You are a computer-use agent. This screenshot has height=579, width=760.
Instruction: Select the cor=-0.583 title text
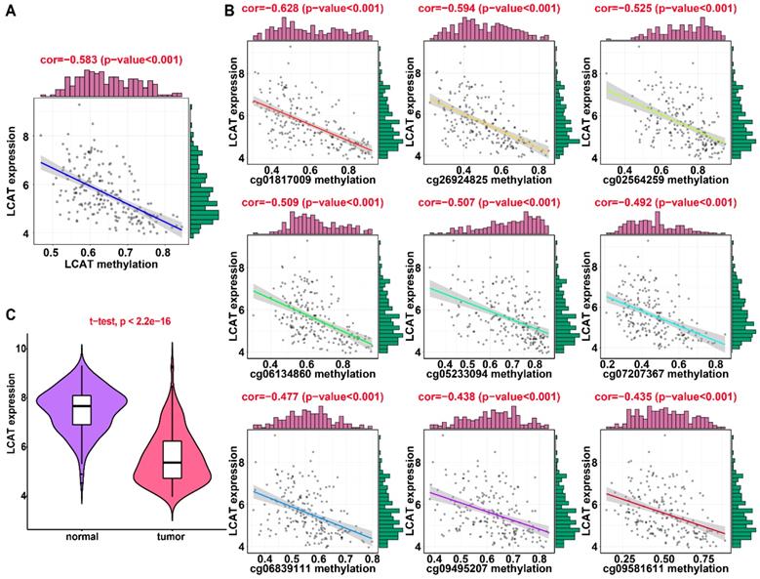[x=110, y=60]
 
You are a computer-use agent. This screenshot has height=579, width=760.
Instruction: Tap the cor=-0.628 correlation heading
[x=308, y=9]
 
